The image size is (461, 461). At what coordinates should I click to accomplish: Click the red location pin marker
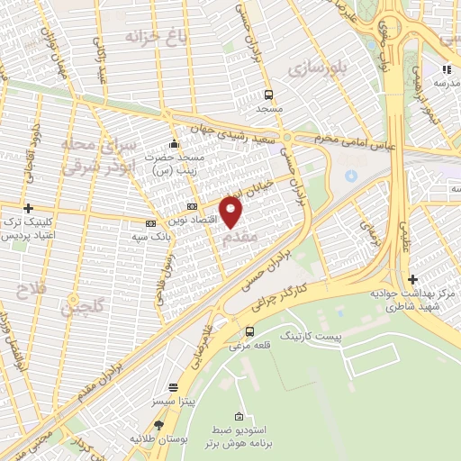[x=231, y=212]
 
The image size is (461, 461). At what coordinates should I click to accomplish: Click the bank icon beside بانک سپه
[x=149, y=224]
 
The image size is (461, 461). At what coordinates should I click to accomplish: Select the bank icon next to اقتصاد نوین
[x=192, y=208]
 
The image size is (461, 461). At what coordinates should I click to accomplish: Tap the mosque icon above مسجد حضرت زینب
[x=174, y=143]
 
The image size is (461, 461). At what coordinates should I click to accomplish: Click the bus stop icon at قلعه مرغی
[x=249, y=330]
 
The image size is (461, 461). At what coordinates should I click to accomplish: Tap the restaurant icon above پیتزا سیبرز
[x=173, y=386]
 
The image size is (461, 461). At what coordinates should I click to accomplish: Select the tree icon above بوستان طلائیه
[x=158, y=425]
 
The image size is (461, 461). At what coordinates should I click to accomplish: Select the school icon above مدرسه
[x=445, y=68]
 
